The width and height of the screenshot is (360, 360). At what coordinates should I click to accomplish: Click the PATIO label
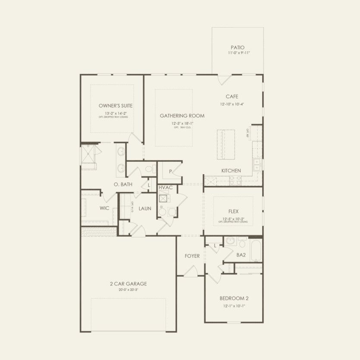[237, 47]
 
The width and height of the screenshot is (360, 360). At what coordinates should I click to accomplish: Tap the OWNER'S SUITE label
[116, 106]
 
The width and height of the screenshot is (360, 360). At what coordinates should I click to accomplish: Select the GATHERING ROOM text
[182, 116]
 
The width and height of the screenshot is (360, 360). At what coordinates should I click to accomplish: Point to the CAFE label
[232, 97]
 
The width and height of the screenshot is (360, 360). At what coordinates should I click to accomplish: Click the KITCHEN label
[231, 171]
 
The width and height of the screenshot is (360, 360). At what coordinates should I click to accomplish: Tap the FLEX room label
[233, 212]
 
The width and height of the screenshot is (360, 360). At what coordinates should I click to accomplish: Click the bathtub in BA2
[256, 251]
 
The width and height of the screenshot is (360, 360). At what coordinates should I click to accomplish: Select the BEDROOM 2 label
[234, 298]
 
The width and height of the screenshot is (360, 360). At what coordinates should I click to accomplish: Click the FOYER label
[192, 256]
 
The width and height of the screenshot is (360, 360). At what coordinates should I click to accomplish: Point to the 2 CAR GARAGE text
[128, 284]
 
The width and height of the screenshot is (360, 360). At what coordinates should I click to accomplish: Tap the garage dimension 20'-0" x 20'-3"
[128, 290]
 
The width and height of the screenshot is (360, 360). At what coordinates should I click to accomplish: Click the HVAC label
[166, 188]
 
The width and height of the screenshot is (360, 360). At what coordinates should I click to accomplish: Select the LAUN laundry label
[145, 209]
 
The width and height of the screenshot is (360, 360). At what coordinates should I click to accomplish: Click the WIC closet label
[104, 208]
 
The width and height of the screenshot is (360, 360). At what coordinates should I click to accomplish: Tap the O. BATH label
[123, 185]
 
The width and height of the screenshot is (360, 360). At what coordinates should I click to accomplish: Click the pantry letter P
[171, 172]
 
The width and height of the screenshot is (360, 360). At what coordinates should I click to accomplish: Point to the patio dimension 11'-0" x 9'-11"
[237, 53]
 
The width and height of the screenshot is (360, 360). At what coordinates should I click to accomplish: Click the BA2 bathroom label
[241, 255]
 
